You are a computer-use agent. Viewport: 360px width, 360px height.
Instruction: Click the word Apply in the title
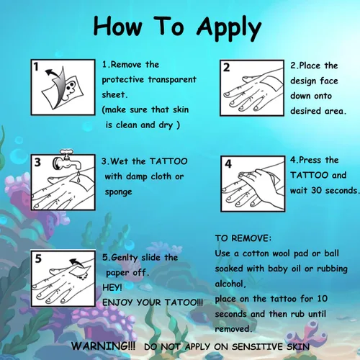click(229, 28)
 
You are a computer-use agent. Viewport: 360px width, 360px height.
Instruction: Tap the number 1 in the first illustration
click(36, 66)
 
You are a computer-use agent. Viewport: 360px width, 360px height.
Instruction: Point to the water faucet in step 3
click(68, 160)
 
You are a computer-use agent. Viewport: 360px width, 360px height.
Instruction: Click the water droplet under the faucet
click(78, 179)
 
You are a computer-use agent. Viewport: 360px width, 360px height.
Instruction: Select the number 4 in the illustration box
click(228, 164)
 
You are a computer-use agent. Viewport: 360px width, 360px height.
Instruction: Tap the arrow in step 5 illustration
click(76, 264)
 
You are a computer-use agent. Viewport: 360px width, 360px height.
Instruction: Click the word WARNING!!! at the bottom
click(103, 346)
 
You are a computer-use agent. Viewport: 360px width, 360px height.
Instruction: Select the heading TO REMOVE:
click(243, 238)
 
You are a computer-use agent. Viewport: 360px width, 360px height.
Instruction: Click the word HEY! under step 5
click(112, 287)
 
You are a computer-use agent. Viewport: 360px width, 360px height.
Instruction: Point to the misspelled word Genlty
click(125, 258)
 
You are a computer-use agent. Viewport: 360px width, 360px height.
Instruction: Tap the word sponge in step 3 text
click(119, 192)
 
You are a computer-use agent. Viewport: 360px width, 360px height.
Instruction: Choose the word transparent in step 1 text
click(172, 80)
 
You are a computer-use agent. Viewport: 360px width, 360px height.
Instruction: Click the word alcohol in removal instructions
click(229, 284)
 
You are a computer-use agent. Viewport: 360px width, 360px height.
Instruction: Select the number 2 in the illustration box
click(226, 68)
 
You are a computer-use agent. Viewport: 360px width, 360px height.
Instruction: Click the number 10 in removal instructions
click(323, 299)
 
